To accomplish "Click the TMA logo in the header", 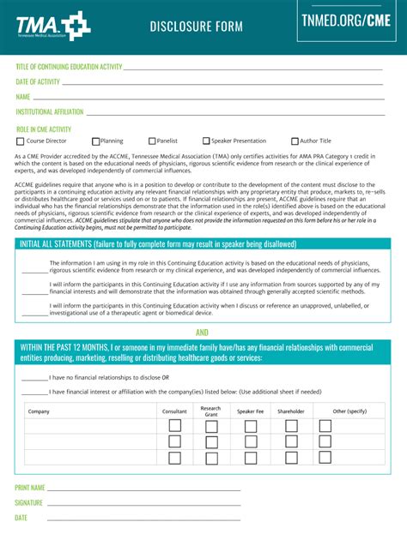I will (52, 26).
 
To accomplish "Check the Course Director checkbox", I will (21, 141).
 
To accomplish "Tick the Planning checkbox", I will (96, 141).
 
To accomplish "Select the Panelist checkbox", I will (152, 141).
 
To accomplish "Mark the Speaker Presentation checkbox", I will (206, 141).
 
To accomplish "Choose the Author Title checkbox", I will (295, 141).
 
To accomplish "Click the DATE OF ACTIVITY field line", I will (223, 83).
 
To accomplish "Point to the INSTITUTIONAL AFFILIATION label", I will (49, 111).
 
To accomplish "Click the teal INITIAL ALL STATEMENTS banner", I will (203, 244).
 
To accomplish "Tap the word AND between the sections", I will (203, 332).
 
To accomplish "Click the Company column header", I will (39, 411).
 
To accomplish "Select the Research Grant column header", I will (210, 411).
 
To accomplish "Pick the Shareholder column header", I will (290, 411).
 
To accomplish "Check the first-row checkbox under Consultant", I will (174, 426).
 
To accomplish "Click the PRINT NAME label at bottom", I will (30, 488).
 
